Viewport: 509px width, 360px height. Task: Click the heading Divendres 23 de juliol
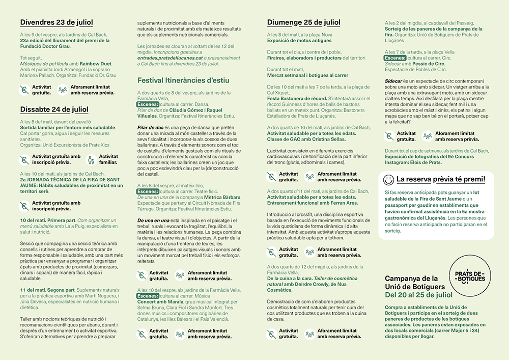pos(56,22)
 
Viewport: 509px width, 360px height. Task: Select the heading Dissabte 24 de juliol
pos(54,109)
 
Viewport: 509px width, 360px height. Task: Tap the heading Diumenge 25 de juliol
pos(303,22)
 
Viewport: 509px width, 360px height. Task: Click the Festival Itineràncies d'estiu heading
pos(183,80)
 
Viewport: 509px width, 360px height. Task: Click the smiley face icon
pos(388,179)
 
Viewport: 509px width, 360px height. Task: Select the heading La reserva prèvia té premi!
pos(441,179)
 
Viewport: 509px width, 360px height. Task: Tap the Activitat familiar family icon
pos(92,159)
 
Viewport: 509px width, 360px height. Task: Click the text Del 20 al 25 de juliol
pos(418,294)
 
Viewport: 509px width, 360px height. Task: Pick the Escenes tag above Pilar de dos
pos(148,104)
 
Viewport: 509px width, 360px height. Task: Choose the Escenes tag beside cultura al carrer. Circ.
pos(395,58)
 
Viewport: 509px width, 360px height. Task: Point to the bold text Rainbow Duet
pos(95,64)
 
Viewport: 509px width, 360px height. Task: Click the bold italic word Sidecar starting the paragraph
pos(393,81)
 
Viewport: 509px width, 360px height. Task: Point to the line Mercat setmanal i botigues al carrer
pos(307,75)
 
